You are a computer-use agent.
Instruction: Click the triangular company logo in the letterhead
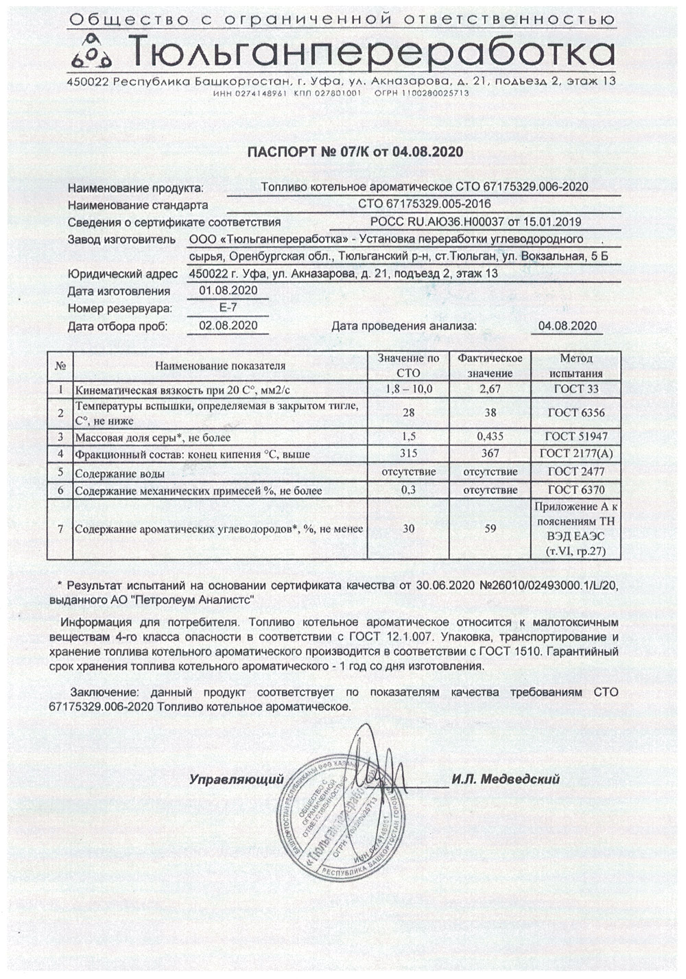click(x=95, y=55)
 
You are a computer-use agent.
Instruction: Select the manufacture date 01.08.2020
click(x=228, y=290)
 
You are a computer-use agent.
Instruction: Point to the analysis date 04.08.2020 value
click(x=567, y=326)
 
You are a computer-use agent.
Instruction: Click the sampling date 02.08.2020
click(x=228, y=325)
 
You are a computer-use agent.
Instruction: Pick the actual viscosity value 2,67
click(x=490, y=390)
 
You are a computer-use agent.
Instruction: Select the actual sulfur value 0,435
click(x=490, y=436)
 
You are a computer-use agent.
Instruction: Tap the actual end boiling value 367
click(x=490, y=454)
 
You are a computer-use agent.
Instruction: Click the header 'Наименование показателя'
click(x=220, y=366)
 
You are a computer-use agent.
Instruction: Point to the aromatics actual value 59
click(x=490, y=529)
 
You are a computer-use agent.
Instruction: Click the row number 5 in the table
click(x=60, y=473)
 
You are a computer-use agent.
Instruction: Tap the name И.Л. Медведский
click(x=506, y=779)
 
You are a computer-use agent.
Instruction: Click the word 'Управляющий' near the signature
click(x=236, y=779)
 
